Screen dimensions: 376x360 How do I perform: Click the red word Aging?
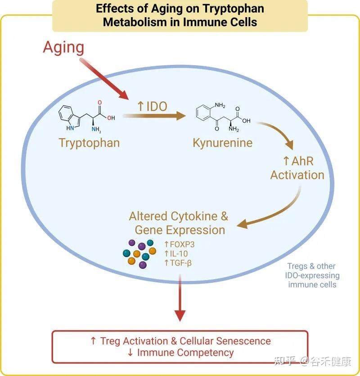point(63,47)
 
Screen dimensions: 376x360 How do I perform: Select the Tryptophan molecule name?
point(89,143)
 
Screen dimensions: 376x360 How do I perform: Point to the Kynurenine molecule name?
point(222,143)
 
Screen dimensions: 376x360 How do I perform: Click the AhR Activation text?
point(297,168)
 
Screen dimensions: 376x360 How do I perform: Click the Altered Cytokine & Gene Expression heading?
point(179,223)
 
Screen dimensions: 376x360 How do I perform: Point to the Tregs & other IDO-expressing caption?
point(312,275)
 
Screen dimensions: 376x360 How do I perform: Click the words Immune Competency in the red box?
point(185,353)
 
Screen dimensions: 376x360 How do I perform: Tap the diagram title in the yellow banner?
point(180,15)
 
